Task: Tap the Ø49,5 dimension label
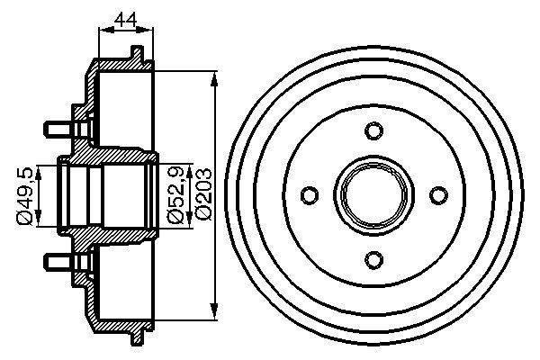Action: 26,193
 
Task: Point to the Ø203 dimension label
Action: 202,193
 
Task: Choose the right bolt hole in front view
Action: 436,195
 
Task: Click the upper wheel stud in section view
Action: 57,125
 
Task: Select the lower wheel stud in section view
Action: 57,263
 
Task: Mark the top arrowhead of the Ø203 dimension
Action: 214,77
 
